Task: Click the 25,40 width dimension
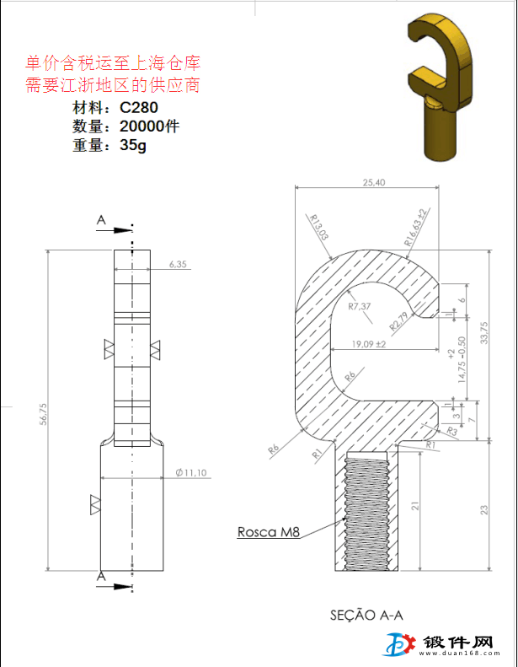pos(373,182)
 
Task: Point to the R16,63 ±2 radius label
pos(418,226)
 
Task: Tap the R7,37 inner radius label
pos(360,307)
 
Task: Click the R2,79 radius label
pos(399,320)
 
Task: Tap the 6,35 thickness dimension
pos(177,264)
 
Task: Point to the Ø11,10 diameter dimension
pos(191,473)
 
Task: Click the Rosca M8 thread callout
pos(269,532)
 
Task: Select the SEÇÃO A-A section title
pos(366,615)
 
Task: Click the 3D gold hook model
pos(437,85)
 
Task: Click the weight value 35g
pos(133,145)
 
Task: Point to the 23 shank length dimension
pos(483,509)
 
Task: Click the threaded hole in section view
pos(366,511)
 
